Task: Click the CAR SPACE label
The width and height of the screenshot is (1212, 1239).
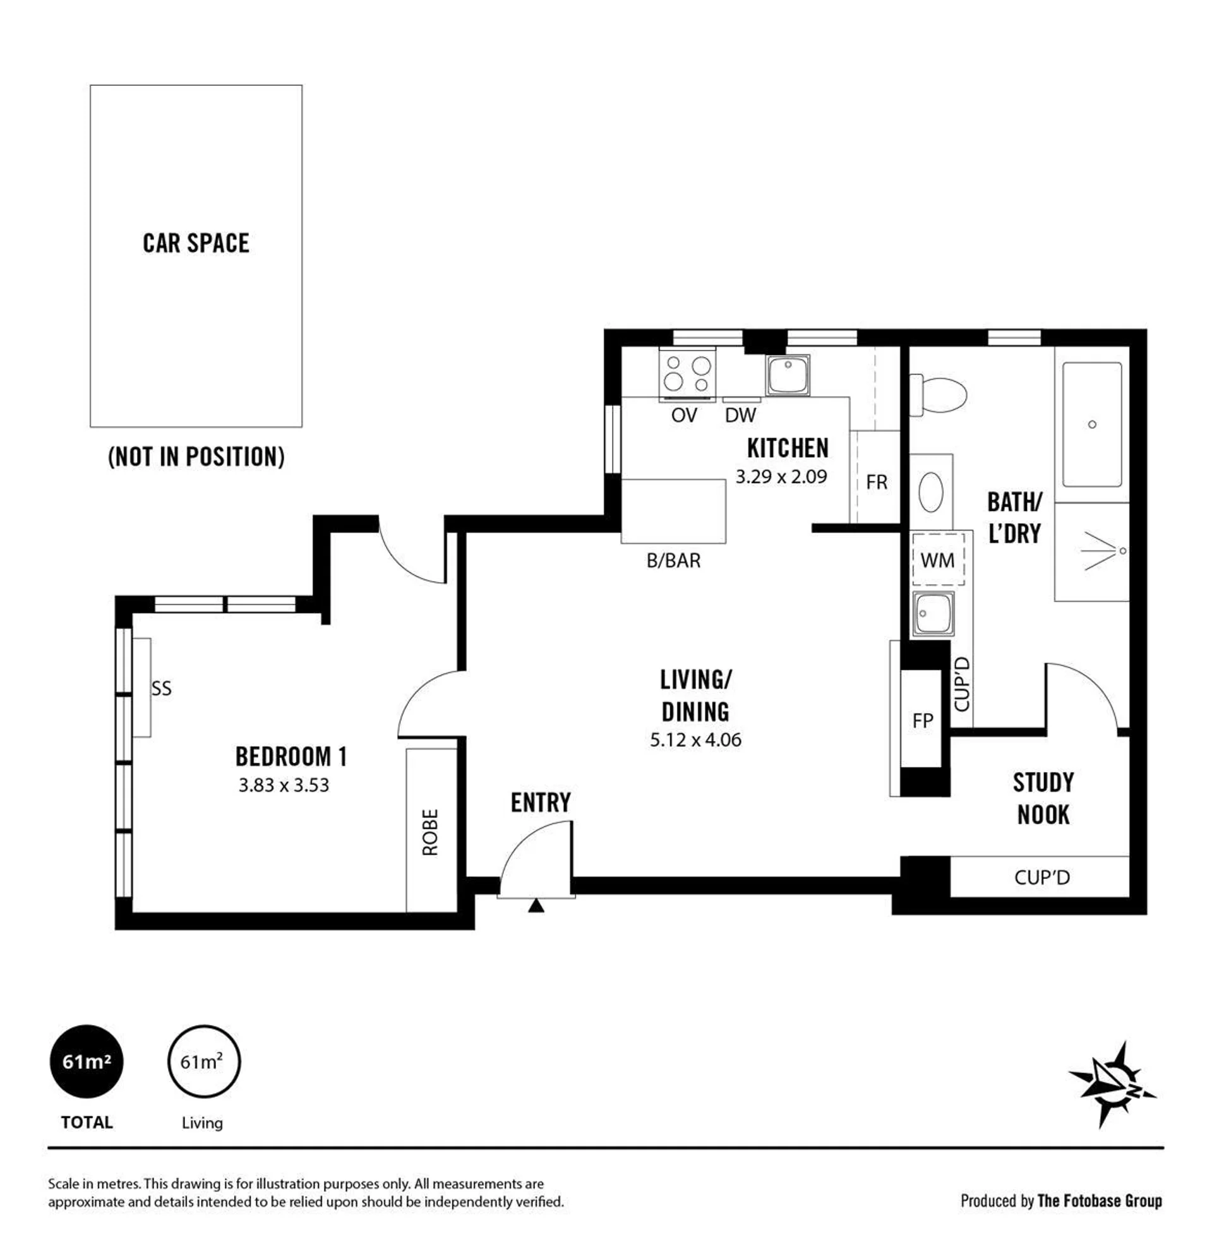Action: [196, 243]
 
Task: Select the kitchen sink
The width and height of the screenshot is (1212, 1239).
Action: [788, 375]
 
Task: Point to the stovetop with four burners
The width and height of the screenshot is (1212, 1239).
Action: [688, 374]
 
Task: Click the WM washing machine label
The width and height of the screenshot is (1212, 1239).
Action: [938, 561]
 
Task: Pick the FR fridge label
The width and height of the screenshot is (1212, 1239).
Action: [877, 482]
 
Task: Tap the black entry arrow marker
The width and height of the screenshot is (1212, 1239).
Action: [536, 906]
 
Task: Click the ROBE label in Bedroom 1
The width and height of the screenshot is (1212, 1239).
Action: [430, 832]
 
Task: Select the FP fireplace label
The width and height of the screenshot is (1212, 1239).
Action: [922, 721]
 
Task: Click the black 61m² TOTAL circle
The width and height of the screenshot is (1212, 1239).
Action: [87, 1062]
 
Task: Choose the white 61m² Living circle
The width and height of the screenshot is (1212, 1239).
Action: [204, 1062]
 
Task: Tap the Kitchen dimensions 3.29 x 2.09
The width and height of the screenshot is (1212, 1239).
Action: [781, 477]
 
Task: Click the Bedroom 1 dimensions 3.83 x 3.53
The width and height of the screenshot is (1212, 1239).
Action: [284, 786]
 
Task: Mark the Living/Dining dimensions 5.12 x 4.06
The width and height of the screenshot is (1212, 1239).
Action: [696, 739]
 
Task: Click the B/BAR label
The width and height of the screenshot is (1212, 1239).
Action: [673, 561]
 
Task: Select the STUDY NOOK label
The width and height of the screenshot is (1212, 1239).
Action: [1043, 799]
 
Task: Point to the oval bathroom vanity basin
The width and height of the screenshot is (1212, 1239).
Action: [931, 492]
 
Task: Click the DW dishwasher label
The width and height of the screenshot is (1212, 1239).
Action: [740, 416]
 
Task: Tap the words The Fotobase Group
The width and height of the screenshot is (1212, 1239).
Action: [1100, 1201]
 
